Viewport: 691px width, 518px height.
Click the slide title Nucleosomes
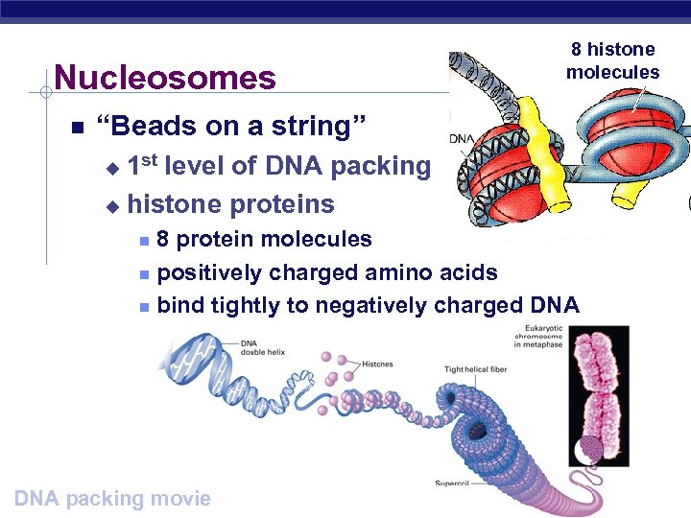coord(164,78)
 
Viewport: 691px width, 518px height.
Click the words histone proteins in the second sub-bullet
coord(230,203)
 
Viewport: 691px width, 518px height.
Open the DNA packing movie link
coord(113,498)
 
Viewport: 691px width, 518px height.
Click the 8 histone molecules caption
coord(613,60)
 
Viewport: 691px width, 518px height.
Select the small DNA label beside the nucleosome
coord(462,139)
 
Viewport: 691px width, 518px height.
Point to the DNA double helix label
coord(262,347)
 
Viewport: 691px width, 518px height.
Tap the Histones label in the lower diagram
coord(377,365)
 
